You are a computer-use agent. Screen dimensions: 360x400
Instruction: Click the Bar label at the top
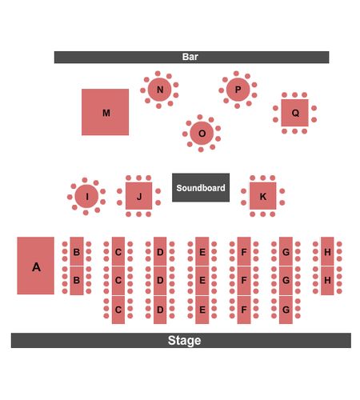pyautogui.click(x=190, y=57)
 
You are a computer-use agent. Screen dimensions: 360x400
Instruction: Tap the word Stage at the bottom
pyautogui.click(x=184, y=341)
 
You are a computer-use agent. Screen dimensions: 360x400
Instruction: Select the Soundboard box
pyautogui.click(x=201, y=187)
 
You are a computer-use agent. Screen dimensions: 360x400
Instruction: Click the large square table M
pyautogui.click(x=105, y=112)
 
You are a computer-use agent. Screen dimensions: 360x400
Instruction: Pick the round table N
pyautogui.click(x=159, y=90)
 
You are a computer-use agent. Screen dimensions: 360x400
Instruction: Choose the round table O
pyautogui.click(x=202, y=133)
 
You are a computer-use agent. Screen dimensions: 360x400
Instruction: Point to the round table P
pyautogui.click(x=238, y=90)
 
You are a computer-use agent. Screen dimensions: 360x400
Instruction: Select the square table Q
pyautogui.click(x=295, y=113)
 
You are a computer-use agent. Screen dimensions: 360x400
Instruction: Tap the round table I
pyautogui.click(x=86, y=196)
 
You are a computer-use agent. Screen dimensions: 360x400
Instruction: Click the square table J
pyautogui.click(x=138, y=196)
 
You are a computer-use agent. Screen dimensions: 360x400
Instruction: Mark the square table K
pyautogui.click(x=263, y=196)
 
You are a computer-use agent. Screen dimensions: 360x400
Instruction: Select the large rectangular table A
pyautogui.click(x=36, y=266)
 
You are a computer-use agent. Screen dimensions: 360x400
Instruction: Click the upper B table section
pyautogui.click(x=77, y=251)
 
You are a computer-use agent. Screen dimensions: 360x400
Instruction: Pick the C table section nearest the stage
pyautogui.click(x=118, y=310)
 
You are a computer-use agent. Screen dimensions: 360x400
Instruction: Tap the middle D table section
pyautogui.click(x=160, y=281)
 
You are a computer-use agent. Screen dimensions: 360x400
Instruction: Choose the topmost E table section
pyautogui.click(x=202, y=251)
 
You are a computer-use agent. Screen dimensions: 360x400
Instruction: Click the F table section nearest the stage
pyautogui.click(x=244, y=310)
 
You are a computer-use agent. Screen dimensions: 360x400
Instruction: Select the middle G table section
pyautogui.click(x=286, y=281)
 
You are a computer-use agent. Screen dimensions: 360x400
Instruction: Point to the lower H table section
pyautogui.click(x=327, y=281)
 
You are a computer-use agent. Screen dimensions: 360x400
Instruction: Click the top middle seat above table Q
pyautogui.click(x=294, y=95)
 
